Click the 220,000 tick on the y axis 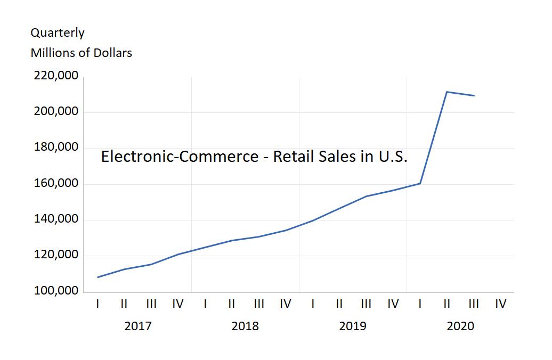(x=56, y=76)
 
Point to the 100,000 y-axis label (x=56, y=291)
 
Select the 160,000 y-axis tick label (x=56, y=184)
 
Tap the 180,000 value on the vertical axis (x=56, y=148)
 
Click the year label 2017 (x=137, y=326)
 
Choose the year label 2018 (x=245, y=326)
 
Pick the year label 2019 (x=353, y=326)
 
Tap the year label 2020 (x=460, y=326)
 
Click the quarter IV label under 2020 (x=500, y=304)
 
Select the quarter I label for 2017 (x=98, y=304)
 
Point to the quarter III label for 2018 (x=259, y=304)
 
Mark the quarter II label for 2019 (x=339, y=304)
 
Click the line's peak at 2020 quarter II (x=447, y=92)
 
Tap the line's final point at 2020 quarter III (x=474, y=96)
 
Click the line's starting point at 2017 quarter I (x=98, y=277)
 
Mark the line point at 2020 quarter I (x=420, y=184)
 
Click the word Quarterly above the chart (x=58, y=33)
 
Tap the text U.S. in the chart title (x=392, y=157)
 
